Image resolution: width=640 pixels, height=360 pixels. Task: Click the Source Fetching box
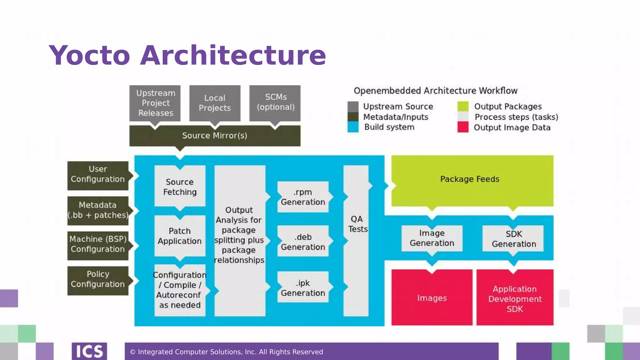(180, 186)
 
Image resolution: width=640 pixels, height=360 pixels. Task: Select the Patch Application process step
(180, 236)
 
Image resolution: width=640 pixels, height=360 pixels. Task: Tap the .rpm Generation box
(303, 197)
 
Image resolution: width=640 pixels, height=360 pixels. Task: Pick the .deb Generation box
(303, 242)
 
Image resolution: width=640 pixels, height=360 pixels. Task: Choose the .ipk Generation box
(303, 287)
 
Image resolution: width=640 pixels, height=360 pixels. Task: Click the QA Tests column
(356, 241)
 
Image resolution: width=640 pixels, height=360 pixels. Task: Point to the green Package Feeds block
(472, 180)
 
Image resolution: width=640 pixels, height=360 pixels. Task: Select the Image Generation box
(432, 238)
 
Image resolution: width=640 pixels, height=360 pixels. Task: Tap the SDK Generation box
(513, 239)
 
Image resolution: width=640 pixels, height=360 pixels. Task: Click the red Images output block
(432, 297)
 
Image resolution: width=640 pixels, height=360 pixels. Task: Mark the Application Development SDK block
(515, 298)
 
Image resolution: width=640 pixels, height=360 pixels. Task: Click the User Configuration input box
(98, 175)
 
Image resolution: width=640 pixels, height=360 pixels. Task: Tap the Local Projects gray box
(215, 103)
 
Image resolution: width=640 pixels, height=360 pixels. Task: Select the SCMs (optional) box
(275, 102)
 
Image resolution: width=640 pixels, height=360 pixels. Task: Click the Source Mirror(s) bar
(215, 136)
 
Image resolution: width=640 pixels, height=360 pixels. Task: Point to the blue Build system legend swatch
(353, 127)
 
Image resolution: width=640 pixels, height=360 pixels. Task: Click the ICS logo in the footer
(89, 351)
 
